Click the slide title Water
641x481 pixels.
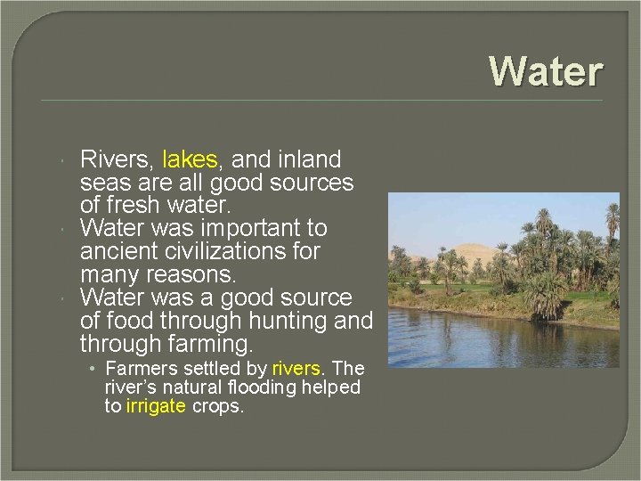point(546,71)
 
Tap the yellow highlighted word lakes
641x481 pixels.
point(190,160)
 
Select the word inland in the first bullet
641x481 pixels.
point(307,160)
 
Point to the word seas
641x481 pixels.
point(105,183)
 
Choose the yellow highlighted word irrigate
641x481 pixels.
point(156,406)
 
